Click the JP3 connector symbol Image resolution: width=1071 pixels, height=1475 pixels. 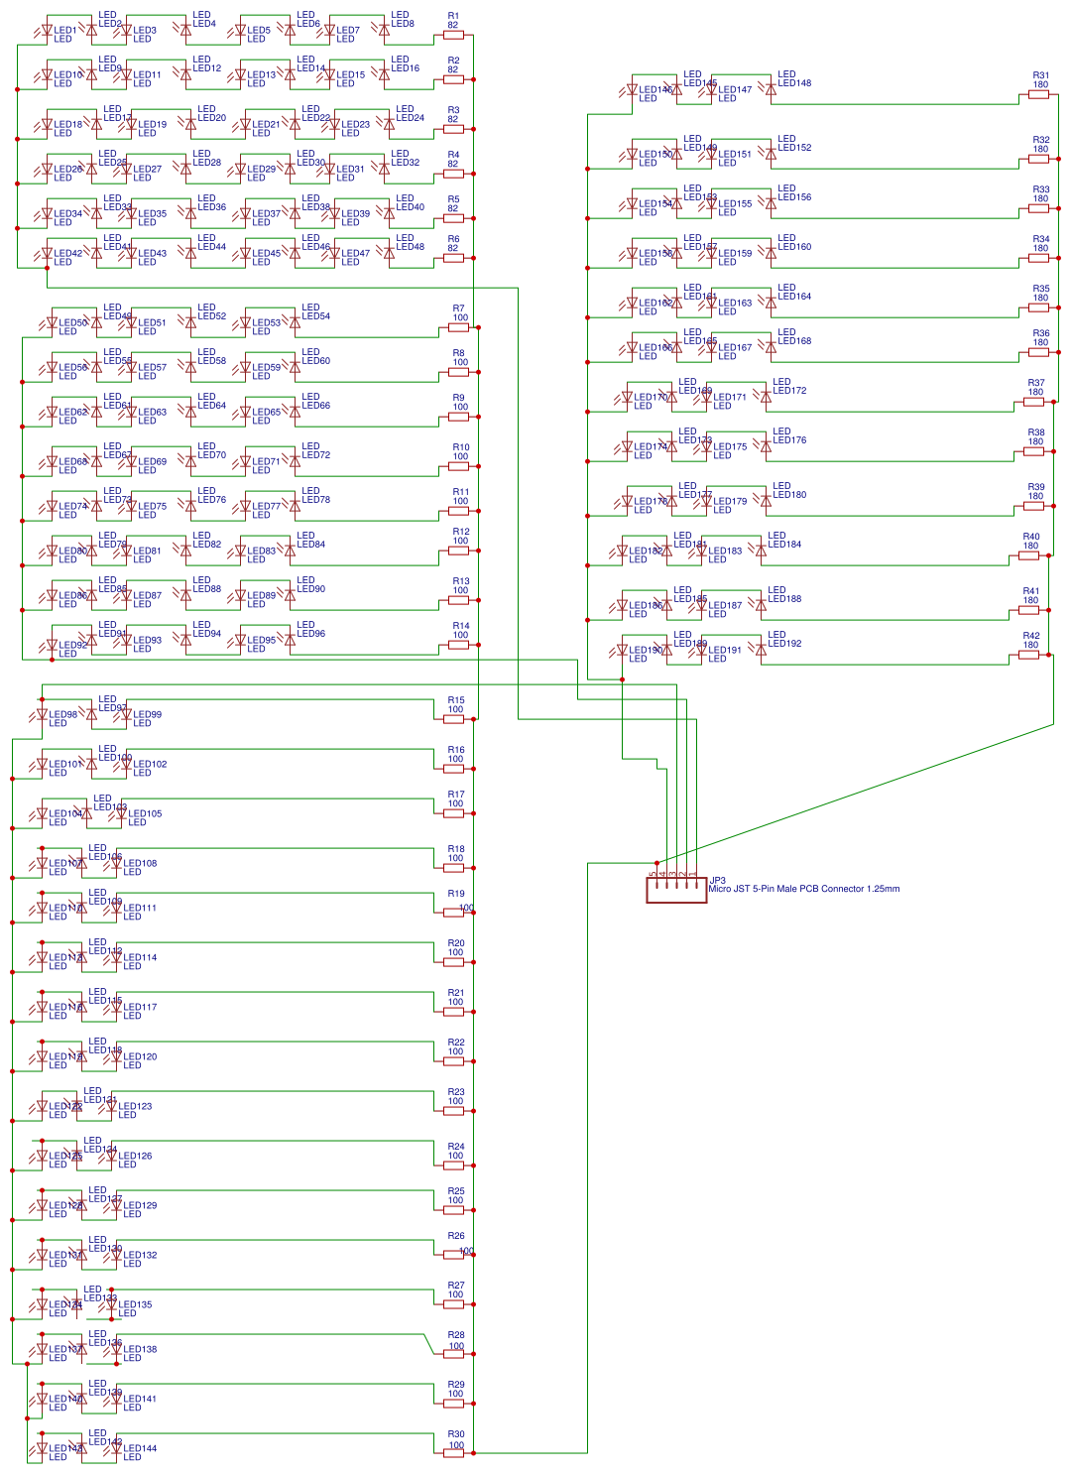pyautogui.click(x=676, y=889)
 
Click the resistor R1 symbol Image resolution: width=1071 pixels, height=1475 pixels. pyautogui.click(x=453, y=35)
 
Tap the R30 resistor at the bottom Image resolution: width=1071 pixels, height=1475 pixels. pyautogui.click(x=454, y=1453)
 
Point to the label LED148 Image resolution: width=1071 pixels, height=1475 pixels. pyautogui.click(x=794, y=83)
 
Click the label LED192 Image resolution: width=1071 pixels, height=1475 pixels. pyautogui.click(x=784, y=644)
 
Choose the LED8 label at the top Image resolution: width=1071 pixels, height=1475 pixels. pyautogui.click(x=403, y=24)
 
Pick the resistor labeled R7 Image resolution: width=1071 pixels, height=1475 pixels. pyautogui.click(x=458, y=327)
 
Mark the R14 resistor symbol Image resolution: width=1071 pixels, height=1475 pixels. pyautogui.click(x=458, y=645)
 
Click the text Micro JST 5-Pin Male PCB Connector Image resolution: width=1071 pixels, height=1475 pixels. pyautogui.click(x=803, y=889)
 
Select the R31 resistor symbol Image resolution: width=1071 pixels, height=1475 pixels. pyautogui.click(x=1038, y=94)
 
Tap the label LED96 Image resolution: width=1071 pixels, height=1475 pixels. pyautogui.click(x=310, y=634)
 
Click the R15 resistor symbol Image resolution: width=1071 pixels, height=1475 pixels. pyautogui.click(x=454, y=719)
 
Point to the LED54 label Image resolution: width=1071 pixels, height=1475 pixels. pyautogui.click(x=315, y=316)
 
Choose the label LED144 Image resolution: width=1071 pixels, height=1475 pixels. pyautogui.click(x=140, y=1448)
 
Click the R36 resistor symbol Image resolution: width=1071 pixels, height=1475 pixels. pyautogui.click(x=1038, y=352)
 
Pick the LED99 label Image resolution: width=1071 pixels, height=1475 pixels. pyautogui.click(x=147, y=714)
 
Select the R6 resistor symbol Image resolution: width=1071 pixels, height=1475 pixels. pyautogui.click(x=453, y=258)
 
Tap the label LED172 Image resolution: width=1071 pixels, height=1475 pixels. pyautogui.click(x=789, y=391)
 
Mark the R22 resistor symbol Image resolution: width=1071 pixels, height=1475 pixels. pyautogui.click(x=454, y=1061)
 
